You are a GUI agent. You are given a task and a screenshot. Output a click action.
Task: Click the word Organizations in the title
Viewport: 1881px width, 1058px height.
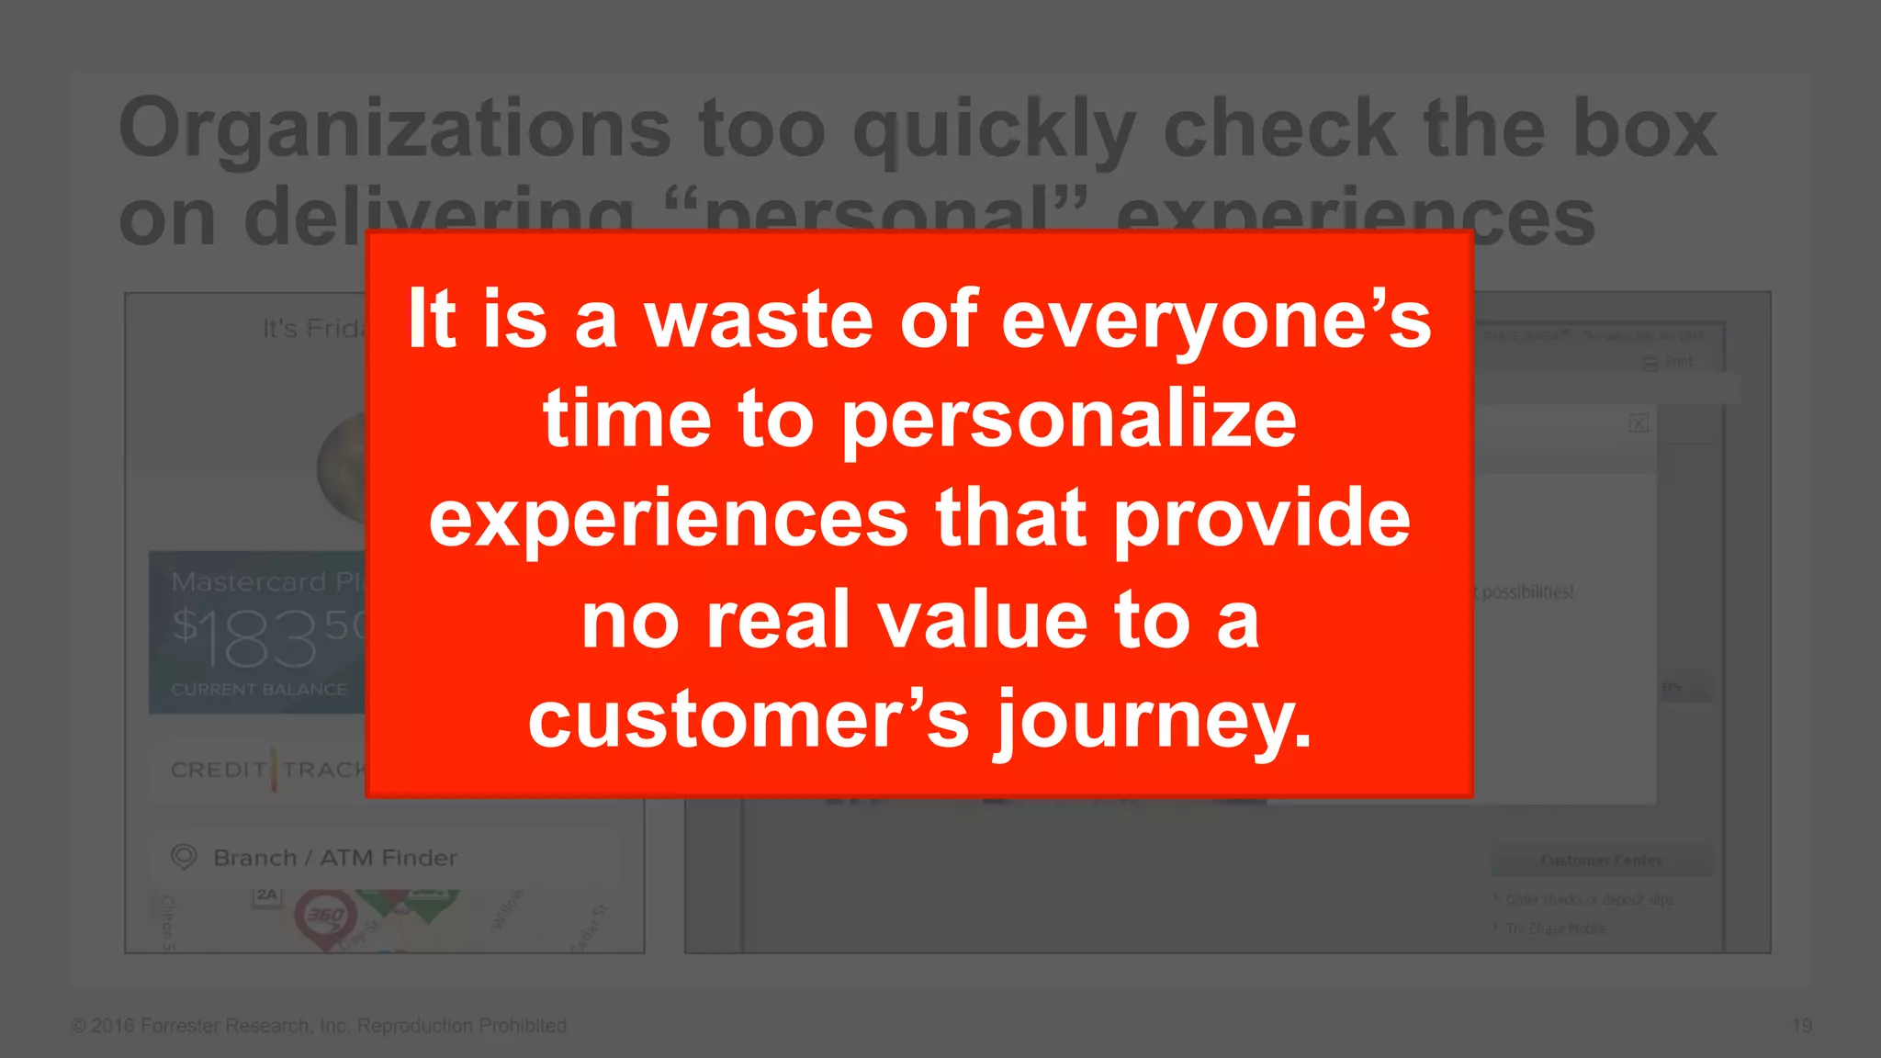point(395,129)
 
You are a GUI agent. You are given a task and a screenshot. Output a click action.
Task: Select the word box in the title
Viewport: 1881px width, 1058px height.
point(1643,129)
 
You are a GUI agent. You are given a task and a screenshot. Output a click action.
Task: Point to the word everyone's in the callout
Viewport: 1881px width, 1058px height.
point(1216,322)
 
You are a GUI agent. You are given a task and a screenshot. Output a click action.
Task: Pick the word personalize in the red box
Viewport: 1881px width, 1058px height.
point(1069,422)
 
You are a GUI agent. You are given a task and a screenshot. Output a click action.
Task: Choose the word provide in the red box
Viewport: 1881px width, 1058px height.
point(1262,521)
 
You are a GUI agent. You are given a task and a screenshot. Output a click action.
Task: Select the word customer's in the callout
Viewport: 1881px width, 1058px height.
point(749,720)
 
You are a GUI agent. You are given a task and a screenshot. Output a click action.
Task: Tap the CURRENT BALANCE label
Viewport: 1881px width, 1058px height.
point(259,689)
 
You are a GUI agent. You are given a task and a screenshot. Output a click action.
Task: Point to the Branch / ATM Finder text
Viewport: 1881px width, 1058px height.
point(334,858)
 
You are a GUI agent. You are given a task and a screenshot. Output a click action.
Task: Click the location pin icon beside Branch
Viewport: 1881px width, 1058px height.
point(184,857)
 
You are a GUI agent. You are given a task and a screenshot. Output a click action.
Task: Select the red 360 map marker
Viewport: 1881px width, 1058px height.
point(325,916)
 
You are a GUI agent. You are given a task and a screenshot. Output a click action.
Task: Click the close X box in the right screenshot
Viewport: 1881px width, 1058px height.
point(1639,423)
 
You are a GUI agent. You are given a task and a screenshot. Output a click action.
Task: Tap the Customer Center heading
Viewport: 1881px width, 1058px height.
point(1601,861)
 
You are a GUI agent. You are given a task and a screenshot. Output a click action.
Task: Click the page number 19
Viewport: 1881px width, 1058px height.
point(1801,1025)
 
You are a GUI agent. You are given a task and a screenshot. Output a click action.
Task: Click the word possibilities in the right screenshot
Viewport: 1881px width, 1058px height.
point(1528,591)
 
